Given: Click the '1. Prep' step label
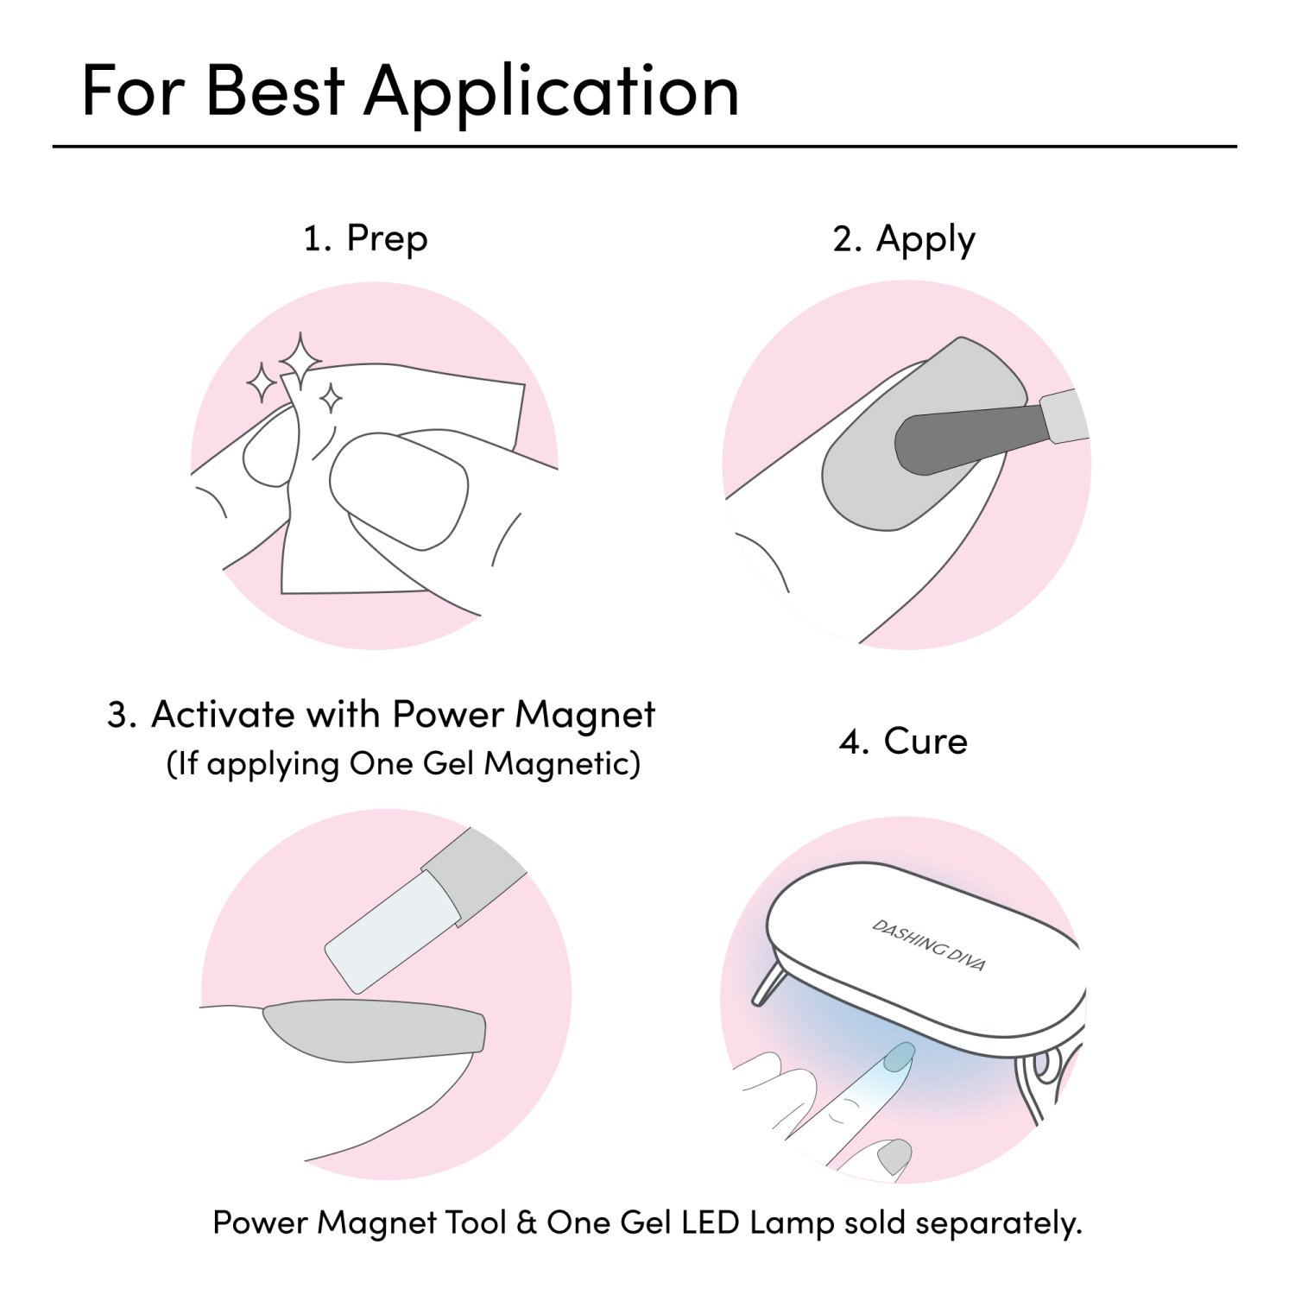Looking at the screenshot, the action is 365,239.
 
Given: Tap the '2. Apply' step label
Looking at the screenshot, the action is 904,239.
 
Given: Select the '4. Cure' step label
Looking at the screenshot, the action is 903,742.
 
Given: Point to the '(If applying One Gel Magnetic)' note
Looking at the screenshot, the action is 403,764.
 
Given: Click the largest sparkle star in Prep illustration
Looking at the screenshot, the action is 300,361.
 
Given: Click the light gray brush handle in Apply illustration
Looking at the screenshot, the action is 1064,416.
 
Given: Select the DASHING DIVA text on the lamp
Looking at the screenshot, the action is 929,945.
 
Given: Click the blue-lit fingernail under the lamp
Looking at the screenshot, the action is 900,1056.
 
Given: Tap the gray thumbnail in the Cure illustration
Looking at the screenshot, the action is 894,1155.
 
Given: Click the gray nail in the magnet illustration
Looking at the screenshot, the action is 374,1030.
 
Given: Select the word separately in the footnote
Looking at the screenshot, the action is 999,1224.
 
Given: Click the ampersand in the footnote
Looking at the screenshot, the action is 526,1222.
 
